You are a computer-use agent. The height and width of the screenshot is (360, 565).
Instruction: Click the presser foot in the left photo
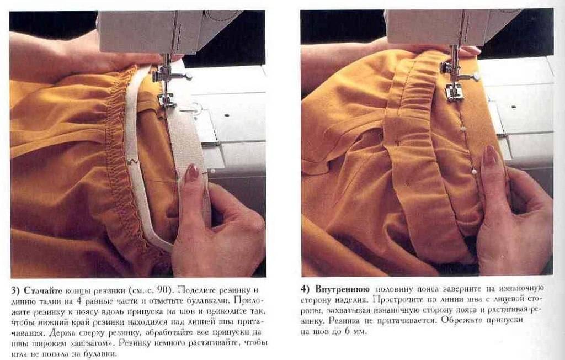point(166,100)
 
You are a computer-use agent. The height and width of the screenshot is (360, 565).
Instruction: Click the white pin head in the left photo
point(212,171)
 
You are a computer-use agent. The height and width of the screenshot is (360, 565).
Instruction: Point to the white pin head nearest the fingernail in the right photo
point(474,172)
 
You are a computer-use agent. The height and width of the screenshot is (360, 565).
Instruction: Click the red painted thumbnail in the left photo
point(191,172)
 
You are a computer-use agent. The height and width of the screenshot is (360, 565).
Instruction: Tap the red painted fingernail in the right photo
point(490,155)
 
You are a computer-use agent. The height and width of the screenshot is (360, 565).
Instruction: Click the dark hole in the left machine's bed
point(227,116)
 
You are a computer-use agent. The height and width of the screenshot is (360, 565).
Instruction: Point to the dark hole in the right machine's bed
point(513,107)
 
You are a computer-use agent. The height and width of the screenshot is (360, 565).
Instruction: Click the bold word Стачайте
point(43,290)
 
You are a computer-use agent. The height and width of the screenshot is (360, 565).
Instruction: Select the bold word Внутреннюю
point(342,289)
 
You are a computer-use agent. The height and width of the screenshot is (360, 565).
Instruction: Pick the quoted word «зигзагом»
point(92,342)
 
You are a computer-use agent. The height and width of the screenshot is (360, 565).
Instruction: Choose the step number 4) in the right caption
point(305,289)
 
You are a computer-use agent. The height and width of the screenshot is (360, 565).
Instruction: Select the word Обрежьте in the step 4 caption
point(461,320)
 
